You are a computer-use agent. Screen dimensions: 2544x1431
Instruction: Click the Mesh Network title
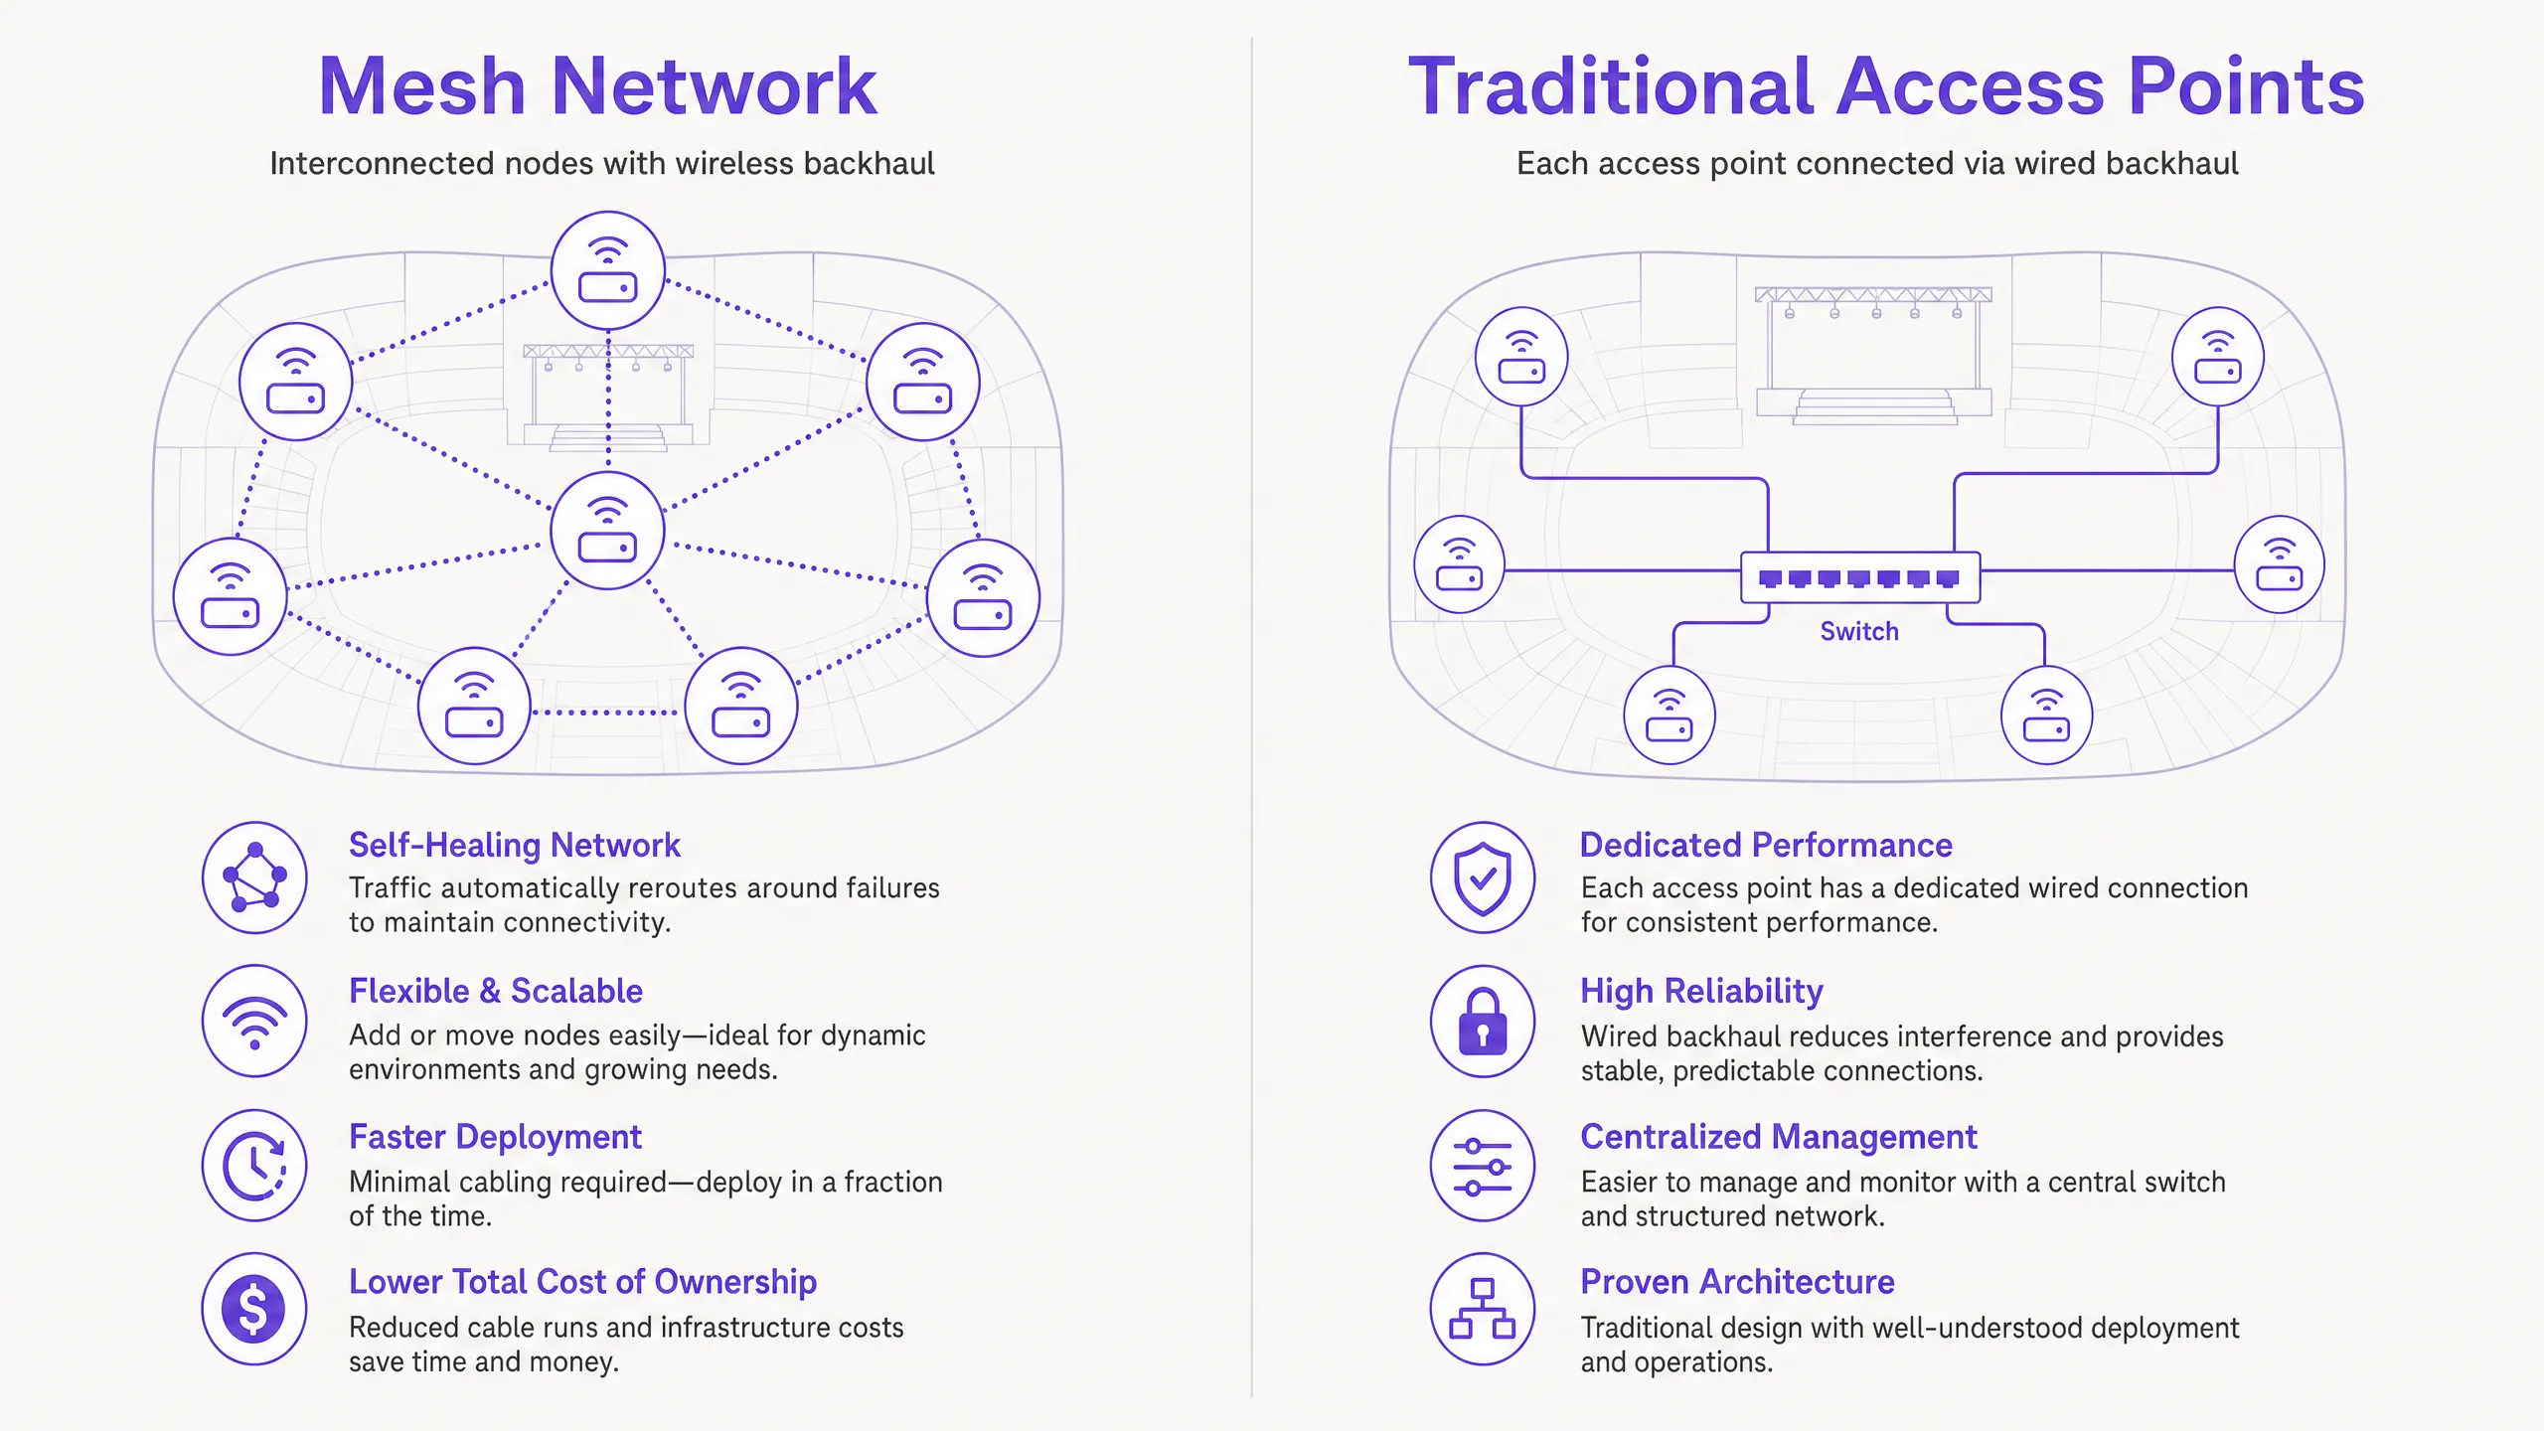pos(597,86)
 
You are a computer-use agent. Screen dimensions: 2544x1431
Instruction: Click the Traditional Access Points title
pos(1886,86)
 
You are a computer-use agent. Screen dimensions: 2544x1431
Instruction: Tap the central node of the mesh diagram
pos(607,531)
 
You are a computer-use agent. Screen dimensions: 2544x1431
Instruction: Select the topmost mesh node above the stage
pos(607,270)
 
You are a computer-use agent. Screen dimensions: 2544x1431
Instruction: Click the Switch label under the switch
pos(1859,631)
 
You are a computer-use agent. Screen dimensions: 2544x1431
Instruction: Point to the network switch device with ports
pos(1860,577)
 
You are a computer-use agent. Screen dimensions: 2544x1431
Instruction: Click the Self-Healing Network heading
pos(515,845)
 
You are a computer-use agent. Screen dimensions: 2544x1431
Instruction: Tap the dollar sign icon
pos(254,1309)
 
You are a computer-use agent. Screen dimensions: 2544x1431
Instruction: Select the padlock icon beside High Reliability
pos(1483,1022)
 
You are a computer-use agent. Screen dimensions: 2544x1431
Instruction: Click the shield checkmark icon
pos(1483,877)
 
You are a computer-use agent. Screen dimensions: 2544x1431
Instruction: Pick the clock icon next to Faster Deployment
pos(254,1166)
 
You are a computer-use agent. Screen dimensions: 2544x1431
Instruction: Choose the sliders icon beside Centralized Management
pos(1483,1166)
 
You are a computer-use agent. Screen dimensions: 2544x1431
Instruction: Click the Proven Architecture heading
pos(1737,1282)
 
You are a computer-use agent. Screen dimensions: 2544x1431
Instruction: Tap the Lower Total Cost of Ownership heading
pos(582,1282)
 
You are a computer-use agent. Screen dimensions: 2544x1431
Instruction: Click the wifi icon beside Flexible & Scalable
pos(254,1022)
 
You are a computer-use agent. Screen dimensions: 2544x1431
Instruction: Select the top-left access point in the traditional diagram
pos(1521,356)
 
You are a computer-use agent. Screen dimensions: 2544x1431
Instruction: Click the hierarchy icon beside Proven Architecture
pos(1483,1309)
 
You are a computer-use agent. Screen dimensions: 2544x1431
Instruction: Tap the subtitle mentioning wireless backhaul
pos(602,164)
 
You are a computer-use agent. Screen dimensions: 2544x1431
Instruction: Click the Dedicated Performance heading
pos(1766,845)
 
